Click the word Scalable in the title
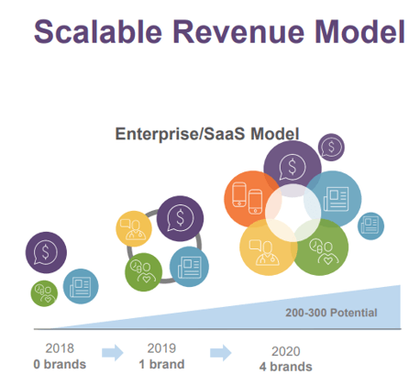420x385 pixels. pyautogui.click(x=98, y=32)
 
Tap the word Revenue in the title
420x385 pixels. pyautogui.click(x=238, y=32)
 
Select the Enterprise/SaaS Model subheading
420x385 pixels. pyautogui.click(x=207, y=134)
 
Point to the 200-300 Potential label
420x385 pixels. pyautogui.click(x=331, y=313)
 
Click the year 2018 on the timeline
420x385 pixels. pyautogui.click(x=60, y=348)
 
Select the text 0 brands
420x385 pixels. pyautogui.click(x=60, y=364)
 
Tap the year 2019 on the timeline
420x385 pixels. pyautogui.click(x=161, y=348)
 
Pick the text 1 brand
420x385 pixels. pyautogui.click(x=161, y=364)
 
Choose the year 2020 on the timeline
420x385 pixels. pyautogui.click(x=286, y=351)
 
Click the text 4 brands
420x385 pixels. pyautogui.click(x=286, y=367)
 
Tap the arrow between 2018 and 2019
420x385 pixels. pyautogui.click(x=113, y=353)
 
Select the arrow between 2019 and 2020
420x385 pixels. pyautogui.click(x=221, y=353)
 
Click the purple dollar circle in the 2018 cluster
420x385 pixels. pyautogui.click(x=46, y=252)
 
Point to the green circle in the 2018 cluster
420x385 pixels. pyautogui.click(x=44, y=293)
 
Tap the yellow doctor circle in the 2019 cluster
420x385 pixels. pyautogui.click(x=134, y=228)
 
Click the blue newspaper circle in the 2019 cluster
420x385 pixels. pyautogui.click(x=189, y=267)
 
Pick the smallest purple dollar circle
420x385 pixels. pyautogui.click(x=331, y=148)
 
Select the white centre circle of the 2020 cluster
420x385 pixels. pyautogui.click(x=293, y=213)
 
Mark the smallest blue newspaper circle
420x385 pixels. pyautogui.click(x=370, y=226)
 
